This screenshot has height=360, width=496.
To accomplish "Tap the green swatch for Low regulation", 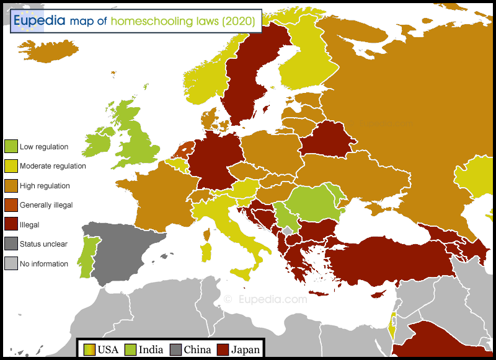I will point(11,147).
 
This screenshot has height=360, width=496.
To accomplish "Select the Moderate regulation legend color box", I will point(11,165).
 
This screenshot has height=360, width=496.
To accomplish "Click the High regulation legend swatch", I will point(11,185).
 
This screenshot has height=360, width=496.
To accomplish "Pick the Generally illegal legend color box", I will point(11,204).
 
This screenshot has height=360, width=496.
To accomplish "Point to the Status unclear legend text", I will point(43,244).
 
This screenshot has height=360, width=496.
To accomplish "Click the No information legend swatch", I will point(11,263).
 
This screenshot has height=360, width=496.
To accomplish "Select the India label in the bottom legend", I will point(151,350).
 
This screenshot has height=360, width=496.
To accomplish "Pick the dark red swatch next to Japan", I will point(223,350).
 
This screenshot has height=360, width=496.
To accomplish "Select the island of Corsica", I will point(206,235).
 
